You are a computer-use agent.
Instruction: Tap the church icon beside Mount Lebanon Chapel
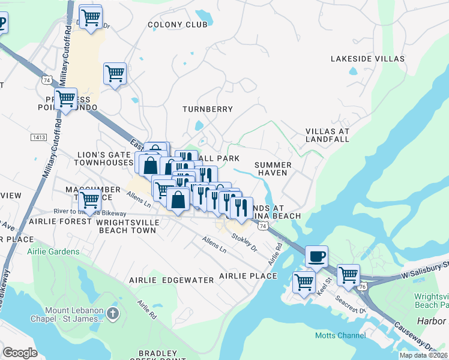tap(114, 313)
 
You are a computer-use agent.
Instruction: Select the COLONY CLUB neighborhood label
tap(178, 25)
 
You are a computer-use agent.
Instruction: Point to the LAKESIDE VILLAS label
tap(364, 59)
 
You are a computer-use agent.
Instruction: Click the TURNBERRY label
tap(207, 109)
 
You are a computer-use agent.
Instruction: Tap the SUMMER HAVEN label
tap(273, 169)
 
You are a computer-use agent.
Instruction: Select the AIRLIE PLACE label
tap(248, 276)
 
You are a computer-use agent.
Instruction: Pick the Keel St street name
tap(328, 281)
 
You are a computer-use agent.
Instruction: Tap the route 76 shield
tap(362, 287)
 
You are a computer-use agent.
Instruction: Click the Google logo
tap(20, 352)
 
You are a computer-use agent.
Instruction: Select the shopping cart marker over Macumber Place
tap(89, 199)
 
